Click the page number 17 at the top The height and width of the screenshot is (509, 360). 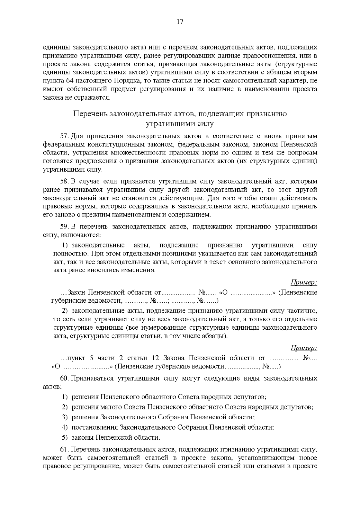tap(180, 22)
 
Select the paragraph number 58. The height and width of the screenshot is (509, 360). tap(64, 181)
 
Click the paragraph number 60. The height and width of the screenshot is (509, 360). tap(64, 378)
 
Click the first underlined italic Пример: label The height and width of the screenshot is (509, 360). tap(304, 283)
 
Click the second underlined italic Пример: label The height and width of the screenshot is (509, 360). tap(304, 348)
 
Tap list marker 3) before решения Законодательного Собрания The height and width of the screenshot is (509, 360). tap(65, 417)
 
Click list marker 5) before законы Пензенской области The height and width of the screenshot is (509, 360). tap(65, 437)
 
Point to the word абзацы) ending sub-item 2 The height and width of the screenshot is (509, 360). tap(216, 336)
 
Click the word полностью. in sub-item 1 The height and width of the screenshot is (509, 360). tap(70, 253)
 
